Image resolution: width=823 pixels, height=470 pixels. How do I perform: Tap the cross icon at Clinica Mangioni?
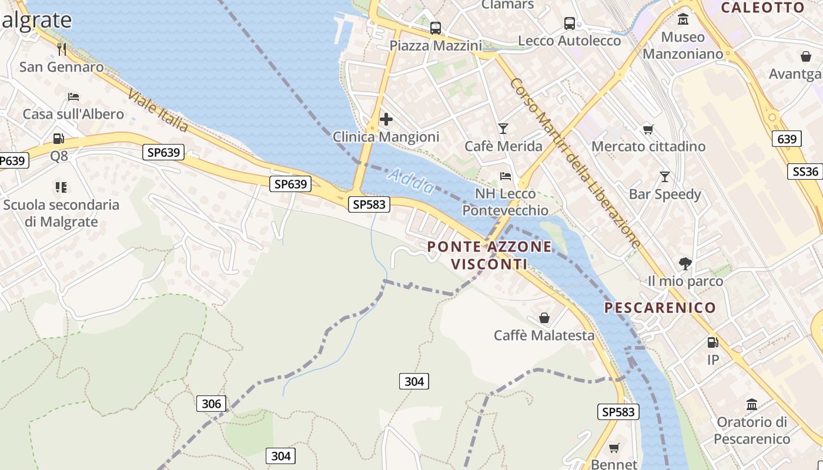[386, 120]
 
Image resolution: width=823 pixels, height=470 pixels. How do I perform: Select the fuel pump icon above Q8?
[59, 139]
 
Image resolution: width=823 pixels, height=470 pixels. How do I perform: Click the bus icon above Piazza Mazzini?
[436, 28]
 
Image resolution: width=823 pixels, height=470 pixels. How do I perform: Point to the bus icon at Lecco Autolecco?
[569, 23]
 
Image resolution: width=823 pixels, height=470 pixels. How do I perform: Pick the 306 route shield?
[211, 404]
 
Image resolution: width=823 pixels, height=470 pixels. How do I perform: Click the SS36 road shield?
[805, 172]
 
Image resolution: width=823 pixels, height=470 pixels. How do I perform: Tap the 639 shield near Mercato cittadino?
[787, 139]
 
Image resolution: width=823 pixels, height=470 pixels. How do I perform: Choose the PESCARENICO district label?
[660, 308]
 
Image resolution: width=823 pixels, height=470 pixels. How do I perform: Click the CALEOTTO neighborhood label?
[762, 8]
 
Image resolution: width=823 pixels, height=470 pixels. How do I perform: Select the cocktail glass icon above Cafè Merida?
[503, 128]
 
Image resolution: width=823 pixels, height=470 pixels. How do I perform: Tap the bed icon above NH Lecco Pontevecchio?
[505, 176]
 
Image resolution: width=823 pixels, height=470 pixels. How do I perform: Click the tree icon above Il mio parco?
[685, 263]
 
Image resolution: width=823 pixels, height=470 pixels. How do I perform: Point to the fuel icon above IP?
[712, 342]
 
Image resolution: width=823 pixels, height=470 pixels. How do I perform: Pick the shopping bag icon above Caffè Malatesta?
[544, 318]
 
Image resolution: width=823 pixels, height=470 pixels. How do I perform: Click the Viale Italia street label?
[158, 111]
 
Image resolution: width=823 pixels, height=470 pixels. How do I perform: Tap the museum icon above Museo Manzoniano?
[683, 19]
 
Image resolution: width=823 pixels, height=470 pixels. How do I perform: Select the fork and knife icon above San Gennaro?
[62, 49]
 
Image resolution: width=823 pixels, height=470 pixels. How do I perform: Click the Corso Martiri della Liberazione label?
[576, 163]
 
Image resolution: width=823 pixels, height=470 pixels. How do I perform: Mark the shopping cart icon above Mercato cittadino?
[648, 129]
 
